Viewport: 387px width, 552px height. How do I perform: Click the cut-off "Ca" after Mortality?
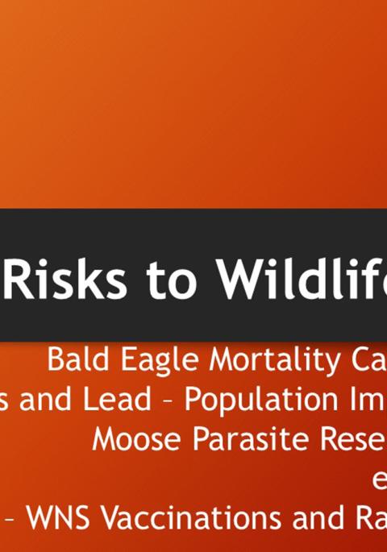[x=367, y=360]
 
